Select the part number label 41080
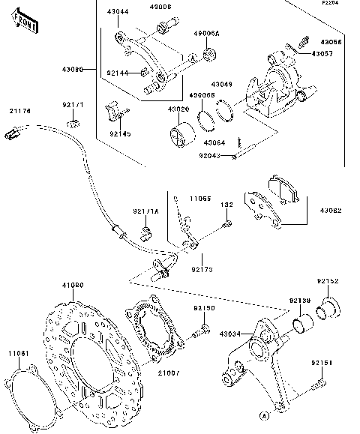tap(72, 286)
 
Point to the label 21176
tap(20, 112)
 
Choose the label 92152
tap(328, 281)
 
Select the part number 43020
tap(178, 109)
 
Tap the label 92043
tap(210, 155)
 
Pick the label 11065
tap(199, 199)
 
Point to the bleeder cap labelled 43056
tap(305, 37)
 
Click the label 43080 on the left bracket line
tap(73, 69)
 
